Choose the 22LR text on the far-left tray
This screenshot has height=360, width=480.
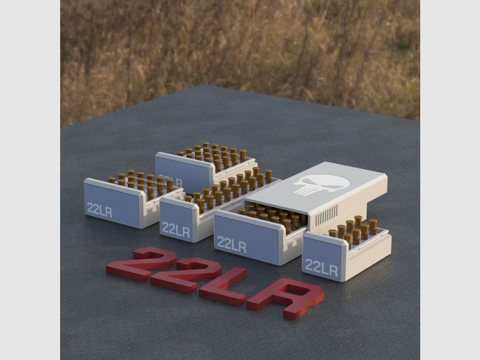pos(99,210)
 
